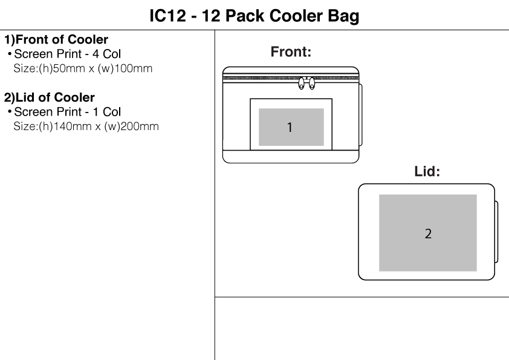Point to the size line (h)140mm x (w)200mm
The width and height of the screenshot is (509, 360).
point(86,126)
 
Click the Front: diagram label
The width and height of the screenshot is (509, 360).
point(291,53)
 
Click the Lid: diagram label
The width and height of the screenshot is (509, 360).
point(427,172)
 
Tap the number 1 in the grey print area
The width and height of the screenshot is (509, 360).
point(290,128)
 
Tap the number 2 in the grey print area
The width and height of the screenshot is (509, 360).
point(428,234)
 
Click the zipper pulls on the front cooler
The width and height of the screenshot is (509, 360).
point(307,84)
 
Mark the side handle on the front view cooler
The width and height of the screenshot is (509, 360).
point(360,114)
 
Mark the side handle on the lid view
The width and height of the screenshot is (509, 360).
point(496,231)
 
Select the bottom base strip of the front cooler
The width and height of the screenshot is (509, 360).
point(290,157)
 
